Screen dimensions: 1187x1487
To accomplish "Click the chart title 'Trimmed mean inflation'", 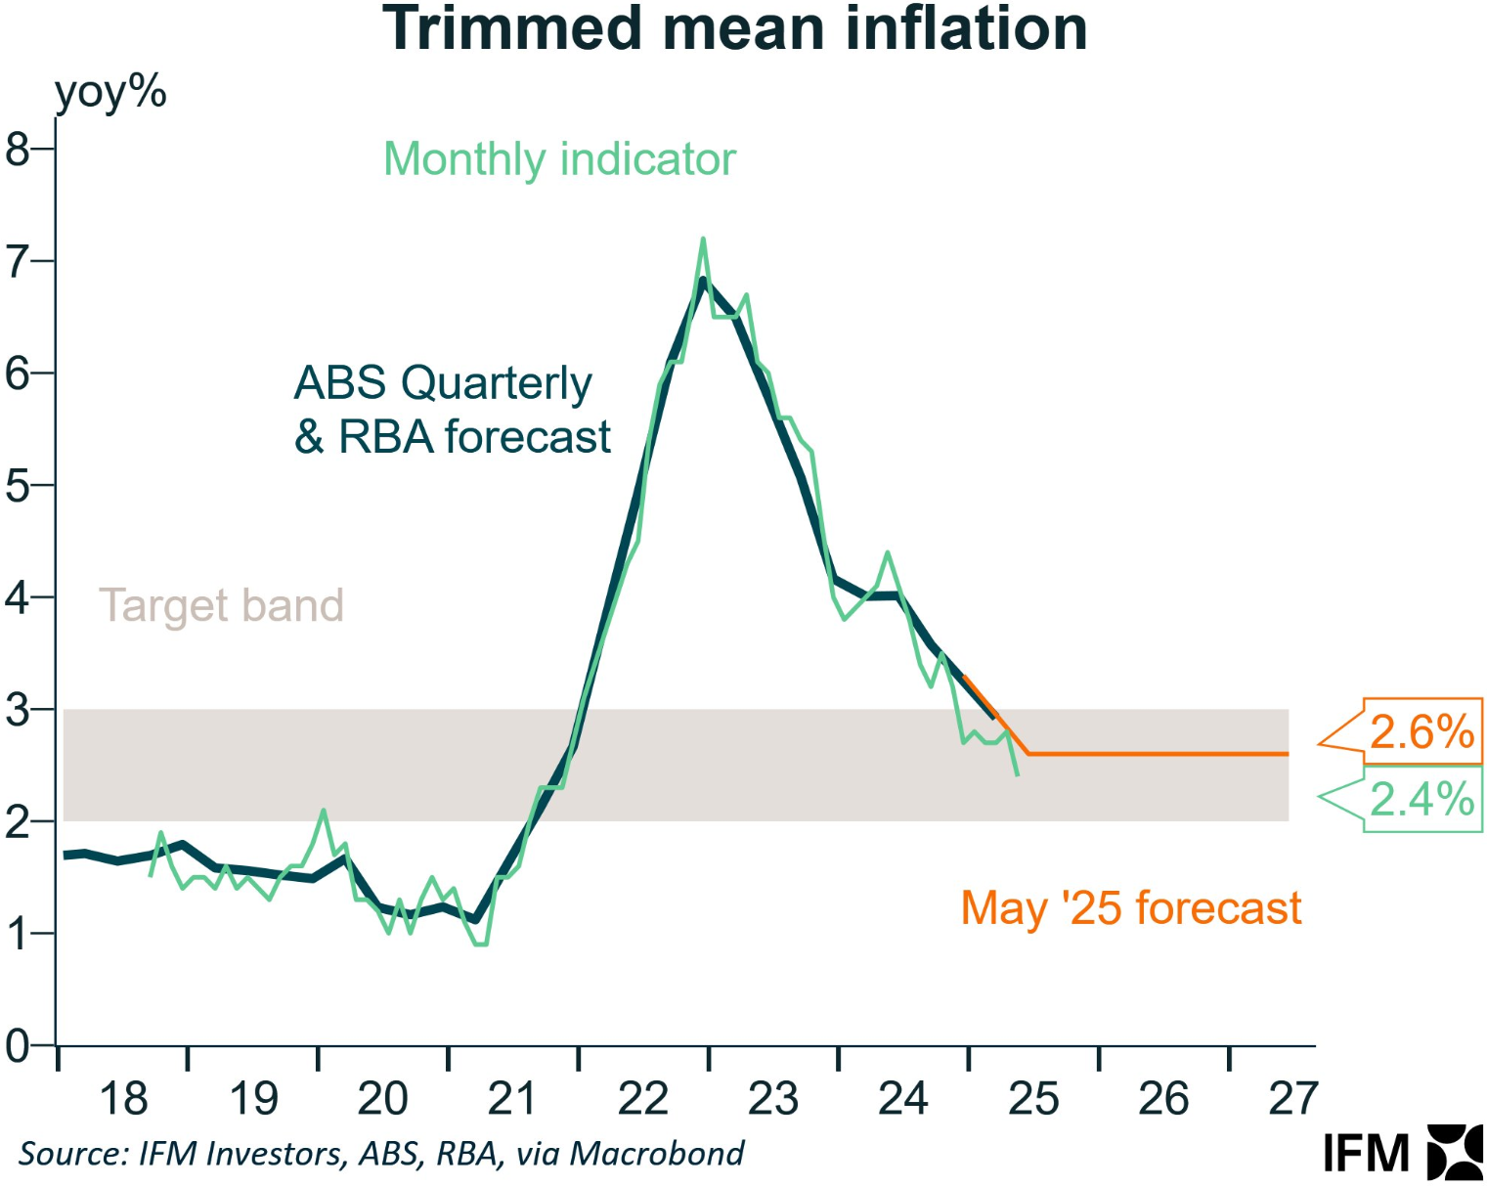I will (x=734, y=29).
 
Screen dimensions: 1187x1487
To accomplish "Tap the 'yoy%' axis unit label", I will (x=110, y=93).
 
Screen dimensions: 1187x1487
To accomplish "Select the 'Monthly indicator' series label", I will (x=559, y=159).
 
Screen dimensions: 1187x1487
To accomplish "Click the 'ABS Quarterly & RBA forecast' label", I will (x=452, y=410).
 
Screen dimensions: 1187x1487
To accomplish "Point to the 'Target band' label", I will (x=221, y=605).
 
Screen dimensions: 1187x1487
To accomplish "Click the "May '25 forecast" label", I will (x=1131, y=908).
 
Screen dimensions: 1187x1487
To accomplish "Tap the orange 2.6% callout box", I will (x=1421, y=731).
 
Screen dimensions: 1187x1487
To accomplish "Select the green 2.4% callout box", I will (x=1421, y=800).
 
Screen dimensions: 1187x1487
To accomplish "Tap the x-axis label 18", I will (x=124, y=1099).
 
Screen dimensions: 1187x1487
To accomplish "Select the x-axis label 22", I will (x=643, y=1099).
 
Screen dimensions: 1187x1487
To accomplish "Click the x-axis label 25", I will (x=1033, y=1099).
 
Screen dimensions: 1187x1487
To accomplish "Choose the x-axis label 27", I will (x=1293, y=1099).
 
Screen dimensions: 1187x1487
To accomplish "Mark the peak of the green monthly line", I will (x=703, y=239).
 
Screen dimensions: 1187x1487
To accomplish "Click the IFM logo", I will (x=1403, y=1153).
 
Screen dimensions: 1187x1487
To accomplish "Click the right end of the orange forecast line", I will (x=1287, y=754).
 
